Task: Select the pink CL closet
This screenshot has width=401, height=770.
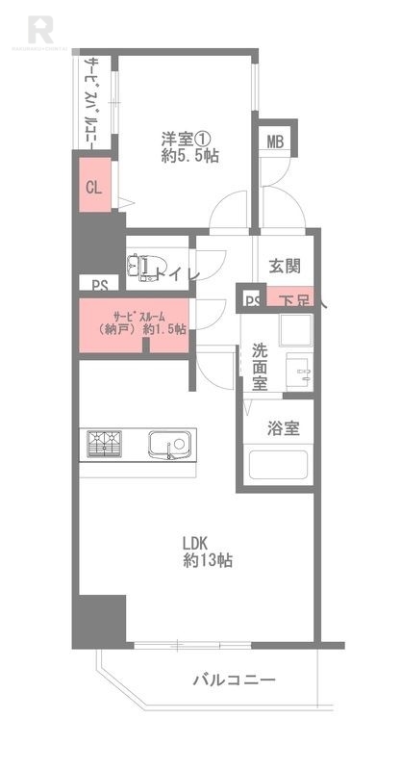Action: tap(94, 189)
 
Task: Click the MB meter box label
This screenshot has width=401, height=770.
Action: tap(275, 142)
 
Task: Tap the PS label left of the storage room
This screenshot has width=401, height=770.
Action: tap(99, 284)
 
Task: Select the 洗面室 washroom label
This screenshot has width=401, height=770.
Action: tap(261, 366)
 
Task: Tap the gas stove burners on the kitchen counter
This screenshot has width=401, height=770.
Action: tap(107, 444)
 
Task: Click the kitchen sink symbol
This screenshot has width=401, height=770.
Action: tap(171, 447)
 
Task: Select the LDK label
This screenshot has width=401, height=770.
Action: tap(198, 541)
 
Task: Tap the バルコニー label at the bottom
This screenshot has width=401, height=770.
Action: tap(234, 680)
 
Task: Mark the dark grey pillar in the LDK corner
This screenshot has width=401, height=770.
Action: tap(100, 621)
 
